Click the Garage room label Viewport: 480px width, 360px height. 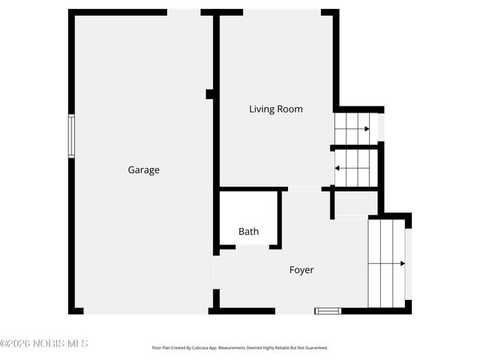[143, 170]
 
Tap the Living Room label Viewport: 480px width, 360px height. [276, 109]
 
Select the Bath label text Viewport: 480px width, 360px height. [249, 232]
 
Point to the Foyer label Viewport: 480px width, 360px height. [301, 270]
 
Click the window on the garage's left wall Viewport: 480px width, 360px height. [71, 136]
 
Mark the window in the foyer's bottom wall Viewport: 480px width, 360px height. [328, 310]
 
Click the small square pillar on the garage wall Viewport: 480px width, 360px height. [210, 94]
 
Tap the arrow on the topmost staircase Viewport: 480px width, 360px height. [366, 129]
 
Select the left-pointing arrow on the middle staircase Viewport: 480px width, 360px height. [337, 167]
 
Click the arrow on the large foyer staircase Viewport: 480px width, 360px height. [402, 263]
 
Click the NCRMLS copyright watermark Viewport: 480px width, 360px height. [44, 343]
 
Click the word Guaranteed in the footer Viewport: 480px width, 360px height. [316, 348]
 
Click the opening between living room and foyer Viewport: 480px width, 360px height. [304, 188]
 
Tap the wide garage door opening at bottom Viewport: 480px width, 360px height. [145, 310]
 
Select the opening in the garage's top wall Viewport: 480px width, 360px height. [184, 12]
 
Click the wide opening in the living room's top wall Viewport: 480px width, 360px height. [282, 12]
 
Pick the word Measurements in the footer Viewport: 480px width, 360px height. [238, 348]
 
